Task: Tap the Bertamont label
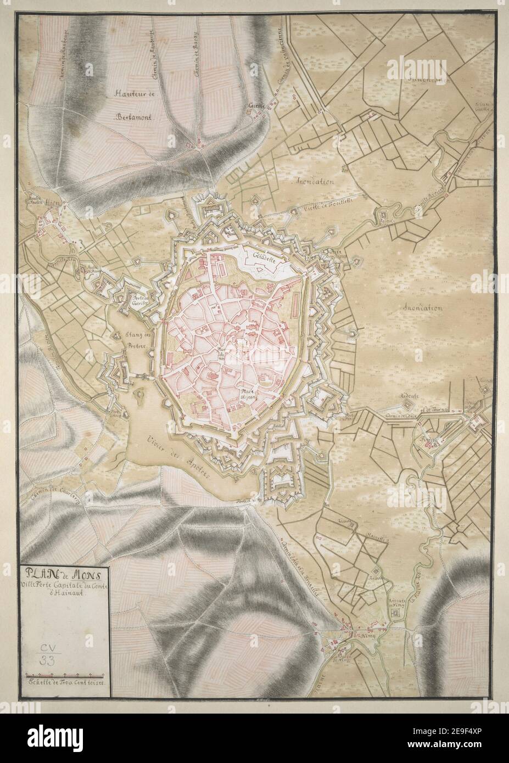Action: pyautogui.click(x=136, y=117)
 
